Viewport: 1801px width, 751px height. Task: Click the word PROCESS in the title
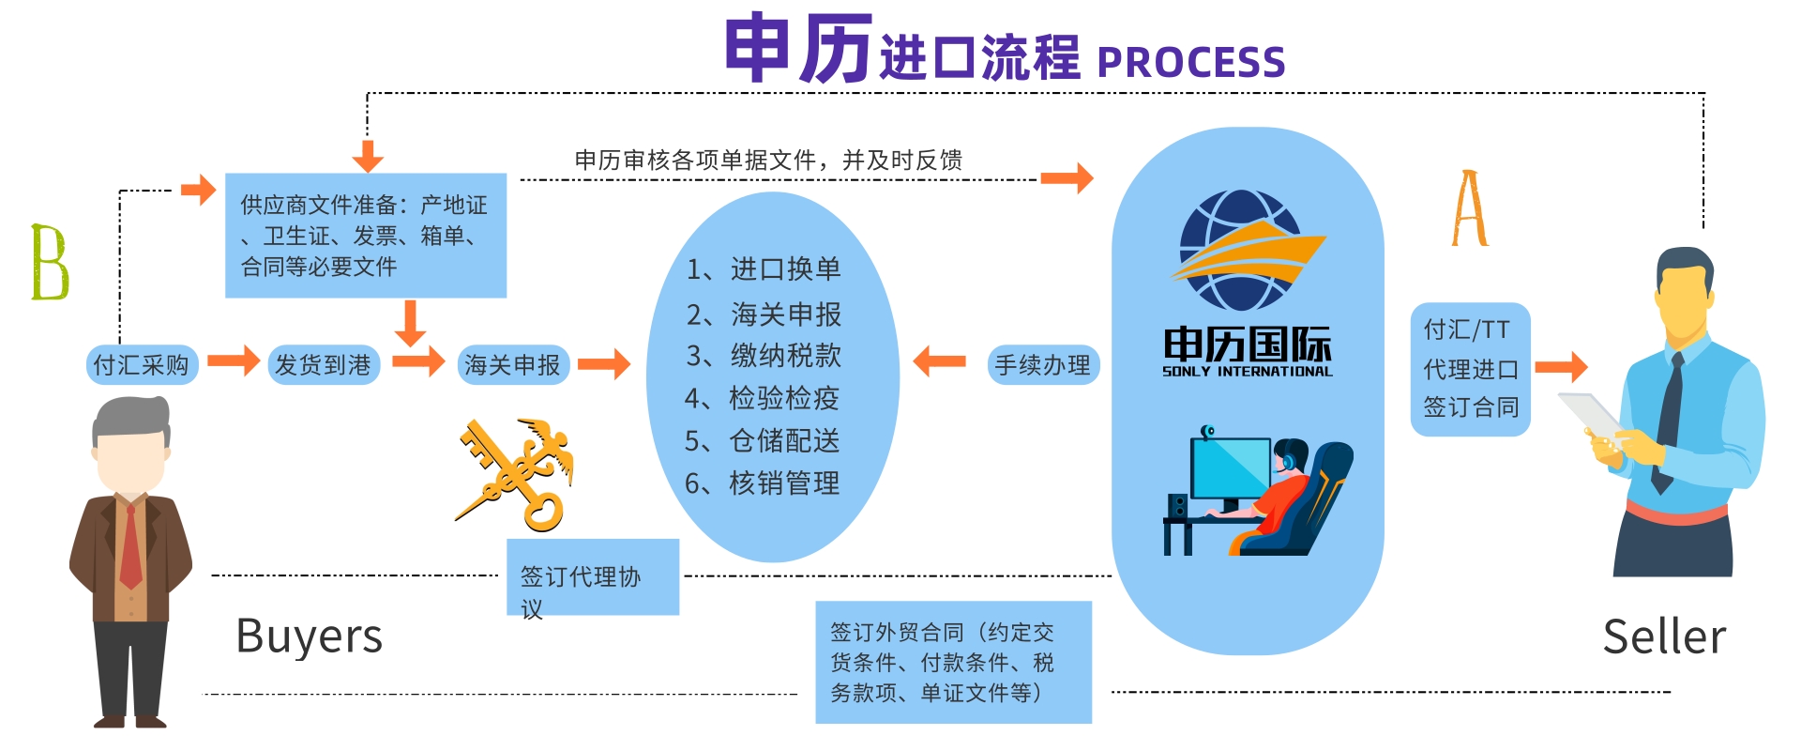point(1190,62)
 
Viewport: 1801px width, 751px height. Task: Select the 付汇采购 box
point(141,364)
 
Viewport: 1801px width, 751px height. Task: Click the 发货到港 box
point(323,364)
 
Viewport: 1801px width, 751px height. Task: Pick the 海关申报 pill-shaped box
point(512,364)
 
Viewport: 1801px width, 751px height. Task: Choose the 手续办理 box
point(1042,364)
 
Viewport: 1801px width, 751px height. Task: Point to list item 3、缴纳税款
point(764,356)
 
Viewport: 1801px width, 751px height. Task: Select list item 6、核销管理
point(762,483)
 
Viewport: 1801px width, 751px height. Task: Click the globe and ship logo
point(1243,250)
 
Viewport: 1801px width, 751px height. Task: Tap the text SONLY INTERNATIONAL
point(1247,372)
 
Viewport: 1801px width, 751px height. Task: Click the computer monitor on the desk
point(1230,469)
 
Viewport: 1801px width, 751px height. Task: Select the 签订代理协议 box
point(592,577)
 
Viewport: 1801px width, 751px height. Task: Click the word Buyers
point(309,636)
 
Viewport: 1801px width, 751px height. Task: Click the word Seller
point(1663,637)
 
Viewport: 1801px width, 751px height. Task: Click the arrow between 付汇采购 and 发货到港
point(233,360)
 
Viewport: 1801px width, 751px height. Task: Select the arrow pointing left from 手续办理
point(939,361)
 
